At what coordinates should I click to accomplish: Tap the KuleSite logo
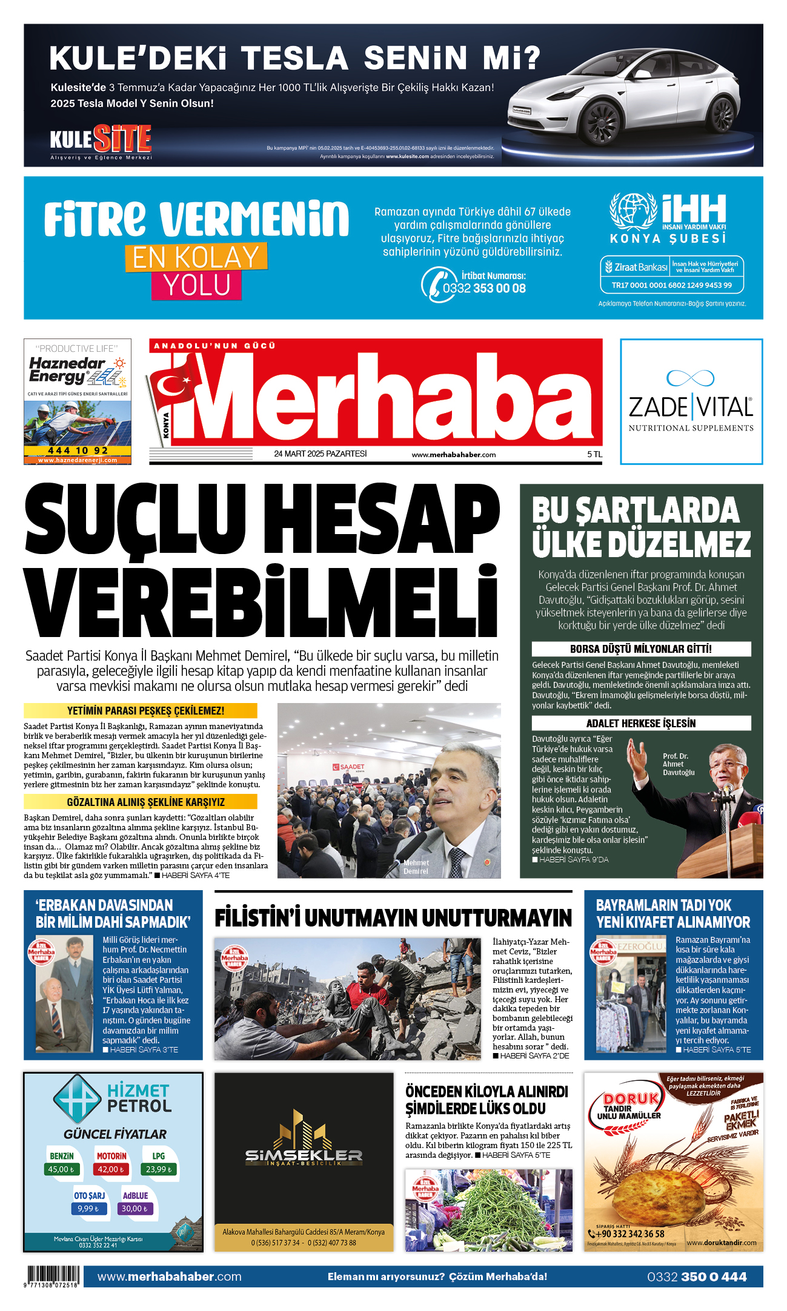coord(101,139)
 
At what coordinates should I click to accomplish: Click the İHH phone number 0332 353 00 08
coord(484,288)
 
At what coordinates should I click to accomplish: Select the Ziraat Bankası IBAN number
coord(671,285)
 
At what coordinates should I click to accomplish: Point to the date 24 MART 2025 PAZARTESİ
coord(320,454)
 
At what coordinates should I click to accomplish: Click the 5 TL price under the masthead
coord(594,454)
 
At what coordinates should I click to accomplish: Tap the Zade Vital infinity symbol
coord(690,378)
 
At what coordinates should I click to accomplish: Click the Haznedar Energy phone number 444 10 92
coord(78,451)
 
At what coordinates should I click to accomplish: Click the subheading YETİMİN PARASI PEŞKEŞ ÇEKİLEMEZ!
coord(145,710)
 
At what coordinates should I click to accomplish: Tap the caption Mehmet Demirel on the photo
coord(416,867)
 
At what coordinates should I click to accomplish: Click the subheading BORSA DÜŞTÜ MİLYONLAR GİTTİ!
coord(641,649)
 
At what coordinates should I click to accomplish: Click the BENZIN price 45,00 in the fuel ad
coord(61,1169)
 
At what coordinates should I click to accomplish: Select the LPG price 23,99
coord(158,1169)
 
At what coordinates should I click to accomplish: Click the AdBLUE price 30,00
coord(135,1208)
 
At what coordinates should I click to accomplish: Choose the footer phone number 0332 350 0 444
coord(697,1276)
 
